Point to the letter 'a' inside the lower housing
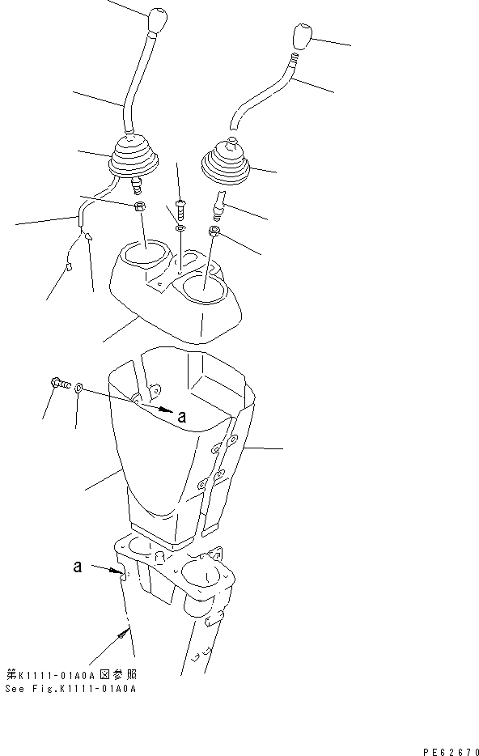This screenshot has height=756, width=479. click(x=181, y=417)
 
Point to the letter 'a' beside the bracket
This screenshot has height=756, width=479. click(x=78, y=567)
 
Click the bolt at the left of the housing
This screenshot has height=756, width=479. click(x=57, y=384)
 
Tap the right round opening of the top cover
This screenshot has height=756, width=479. click(x=204, y=287)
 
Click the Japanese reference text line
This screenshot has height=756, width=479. click(x=70, y=674)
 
